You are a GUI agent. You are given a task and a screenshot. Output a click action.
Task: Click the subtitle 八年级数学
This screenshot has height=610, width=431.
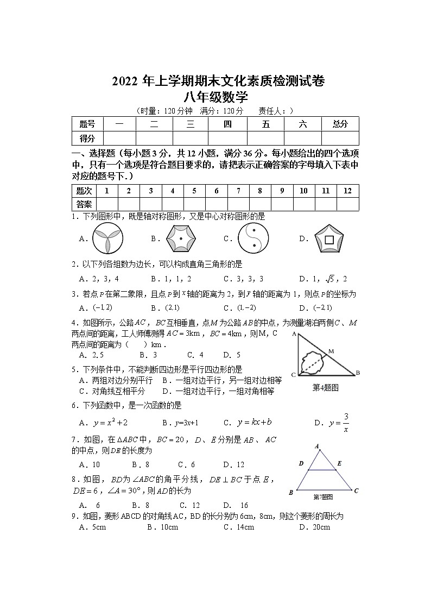tap(215, 97)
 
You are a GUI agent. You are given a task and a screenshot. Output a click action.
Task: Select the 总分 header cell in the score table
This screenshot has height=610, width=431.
tap(340, 124)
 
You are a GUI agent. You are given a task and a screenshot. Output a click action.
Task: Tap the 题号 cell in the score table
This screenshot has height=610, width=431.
tap(87, 124)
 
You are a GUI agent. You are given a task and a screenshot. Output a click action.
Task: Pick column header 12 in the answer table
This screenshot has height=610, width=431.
tap(348, 191)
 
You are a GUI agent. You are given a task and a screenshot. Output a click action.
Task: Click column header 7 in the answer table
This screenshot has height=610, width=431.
tap(238, 191)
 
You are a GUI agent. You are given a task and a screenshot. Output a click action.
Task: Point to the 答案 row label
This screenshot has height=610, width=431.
tap(84, 204)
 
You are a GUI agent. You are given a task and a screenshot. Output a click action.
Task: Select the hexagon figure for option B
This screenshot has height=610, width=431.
tap(180, 238)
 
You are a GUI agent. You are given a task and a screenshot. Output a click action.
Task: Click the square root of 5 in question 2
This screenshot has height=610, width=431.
tap(328, 279)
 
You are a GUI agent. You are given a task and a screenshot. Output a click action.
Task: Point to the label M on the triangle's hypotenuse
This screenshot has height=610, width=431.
tap(331, 351)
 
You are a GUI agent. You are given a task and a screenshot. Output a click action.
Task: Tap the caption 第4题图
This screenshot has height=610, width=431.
tap(326, 387)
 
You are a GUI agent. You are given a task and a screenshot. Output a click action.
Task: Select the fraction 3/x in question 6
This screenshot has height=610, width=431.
tap(346, 423)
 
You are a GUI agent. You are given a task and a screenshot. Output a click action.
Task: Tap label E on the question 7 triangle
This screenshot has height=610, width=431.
tap(339, 463)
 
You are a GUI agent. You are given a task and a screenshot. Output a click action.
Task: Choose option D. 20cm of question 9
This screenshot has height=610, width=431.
tap(314, 527)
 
